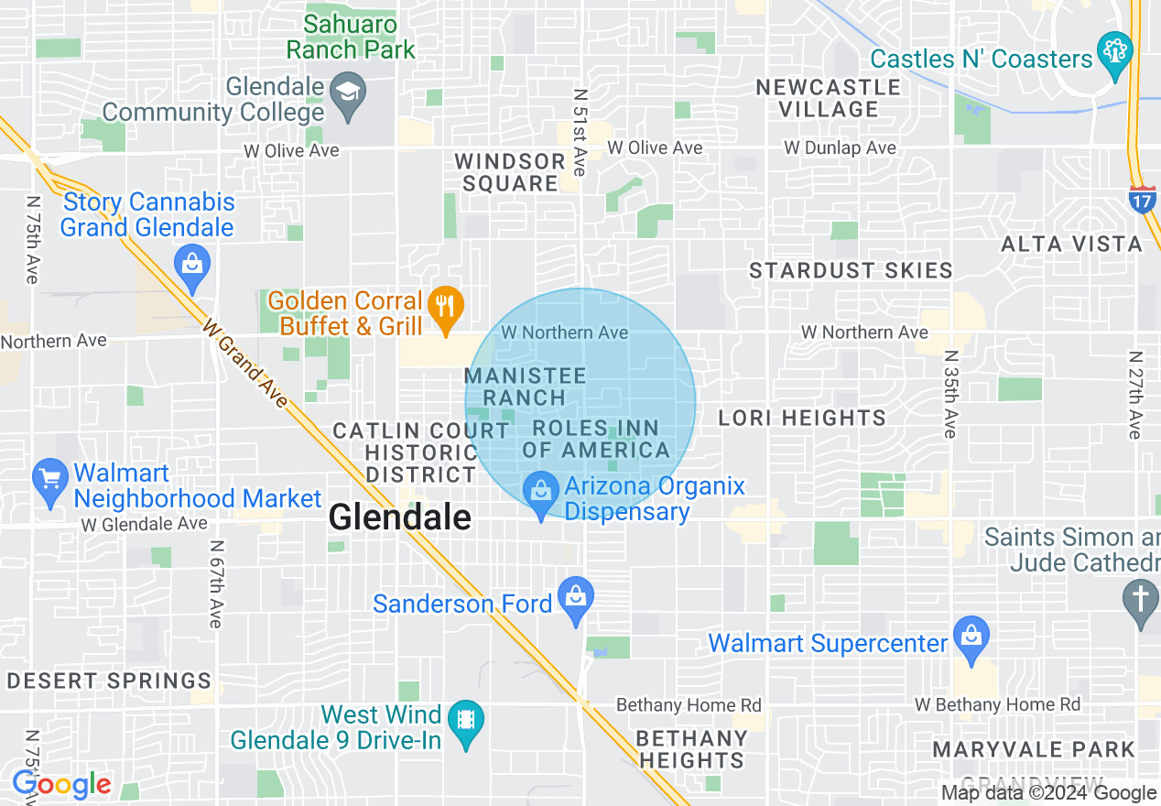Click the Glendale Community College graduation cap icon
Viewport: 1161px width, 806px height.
[x=348, y=92]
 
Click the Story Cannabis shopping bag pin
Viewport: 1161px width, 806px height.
[x=192, y=264]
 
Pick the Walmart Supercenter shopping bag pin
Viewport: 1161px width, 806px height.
[x=971, y=635]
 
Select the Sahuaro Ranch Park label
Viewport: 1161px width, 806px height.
[x=351, y=37]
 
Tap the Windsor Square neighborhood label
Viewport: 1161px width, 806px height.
[x=510, y=172]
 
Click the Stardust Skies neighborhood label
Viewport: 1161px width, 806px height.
[x=851, y=270]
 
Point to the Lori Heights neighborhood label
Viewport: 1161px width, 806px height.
[x=801, y=419]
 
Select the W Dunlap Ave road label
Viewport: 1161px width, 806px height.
[x=840, y=147]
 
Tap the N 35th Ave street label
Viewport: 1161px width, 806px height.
[x=949, y=394]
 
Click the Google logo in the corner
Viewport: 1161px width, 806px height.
[x=61, y=785]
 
